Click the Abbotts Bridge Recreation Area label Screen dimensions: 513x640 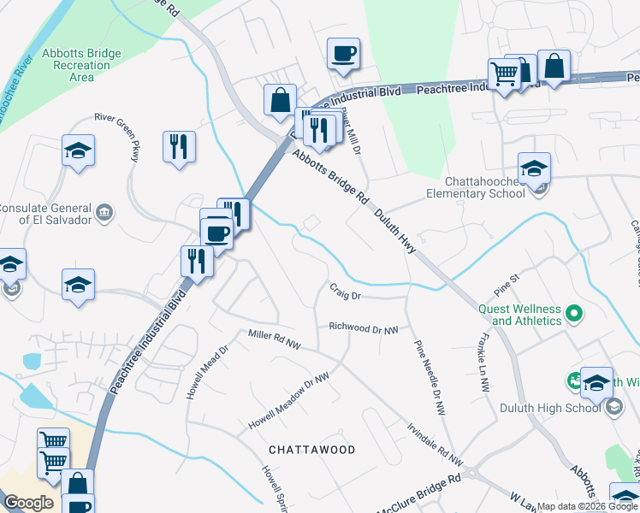coord(81,65)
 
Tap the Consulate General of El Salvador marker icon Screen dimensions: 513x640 coord(104,212)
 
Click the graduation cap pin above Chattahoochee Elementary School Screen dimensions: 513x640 coord(534,168)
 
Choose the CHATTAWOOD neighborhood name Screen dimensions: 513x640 coord(311,449)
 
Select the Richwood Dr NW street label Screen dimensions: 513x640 coord(364,328)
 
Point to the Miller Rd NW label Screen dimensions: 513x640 coord(276,339)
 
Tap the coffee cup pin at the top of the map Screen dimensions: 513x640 coord(343,54)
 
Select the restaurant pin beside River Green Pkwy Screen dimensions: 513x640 coord(180,146)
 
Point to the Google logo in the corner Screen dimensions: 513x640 coord(28,503)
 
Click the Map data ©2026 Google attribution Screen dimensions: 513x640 coord(588,506)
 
